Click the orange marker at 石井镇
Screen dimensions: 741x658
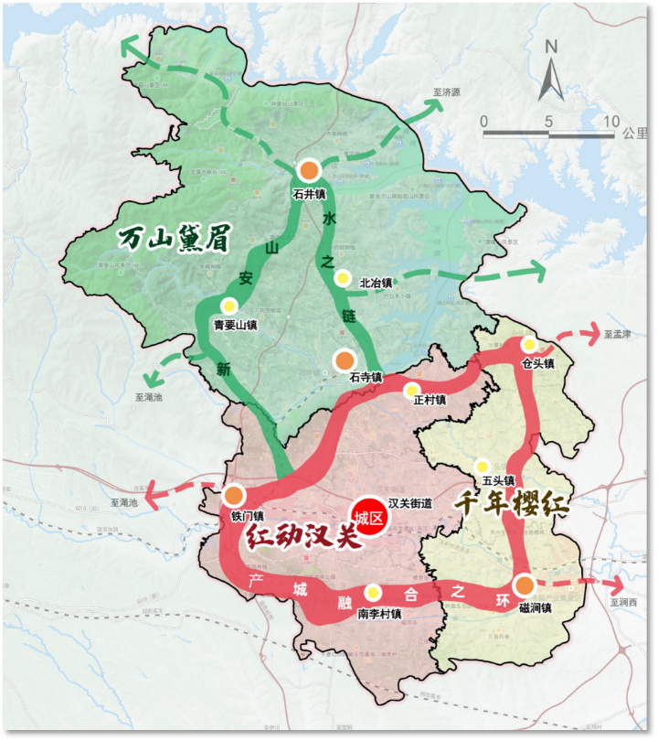coord(310,170)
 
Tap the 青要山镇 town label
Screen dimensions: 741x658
coord(235,324)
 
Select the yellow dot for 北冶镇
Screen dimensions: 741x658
coord(343,277)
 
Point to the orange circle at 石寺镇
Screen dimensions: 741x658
coord(344,360)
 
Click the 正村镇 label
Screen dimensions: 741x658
coord(429,400)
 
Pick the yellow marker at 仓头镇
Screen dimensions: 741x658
coord(528,345)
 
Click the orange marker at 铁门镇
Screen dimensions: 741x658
coord(234,496)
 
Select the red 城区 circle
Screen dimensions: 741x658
coord(371,518)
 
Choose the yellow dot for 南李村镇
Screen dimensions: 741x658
coord(373,593)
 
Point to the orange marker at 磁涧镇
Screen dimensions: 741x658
coord(524,585)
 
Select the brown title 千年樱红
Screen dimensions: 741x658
coord(513,505)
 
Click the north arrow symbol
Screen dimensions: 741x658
coord(551,73)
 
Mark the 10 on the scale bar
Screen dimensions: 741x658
coord(610,122)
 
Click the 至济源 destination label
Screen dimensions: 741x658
coord(446,92)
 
